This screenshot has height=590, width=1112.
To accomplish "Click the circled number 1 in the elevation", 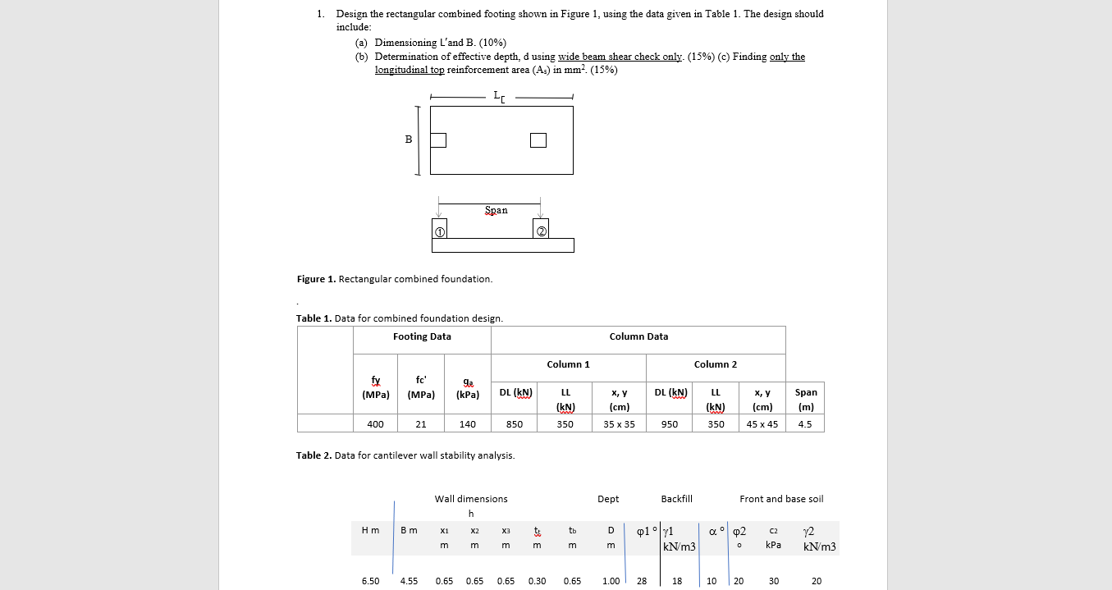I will pos(439,232).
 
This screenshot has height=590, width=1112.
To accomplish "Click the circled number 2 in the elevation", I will pos(542,232).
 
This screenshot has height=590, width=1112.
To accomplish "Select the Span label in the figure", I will pos(496,210).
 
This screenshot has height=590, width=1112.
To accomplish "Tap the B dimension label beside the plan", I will pos(408,139).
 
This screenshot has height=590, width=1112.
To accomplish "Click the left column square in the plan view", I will pos(438,140).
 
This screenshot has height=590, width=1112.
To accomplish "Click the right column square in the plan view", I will pos(538,140).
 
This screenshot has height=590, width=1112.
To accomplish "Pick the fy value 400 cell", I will pos(375,424).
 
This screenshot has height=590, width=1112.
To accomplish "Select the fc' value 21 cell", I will pos(421,424).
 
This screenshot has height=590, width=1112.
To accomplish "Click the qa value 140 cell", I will pos(467,424).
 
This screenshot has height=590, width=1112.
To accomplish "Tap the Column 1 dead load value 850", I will pos(515,424).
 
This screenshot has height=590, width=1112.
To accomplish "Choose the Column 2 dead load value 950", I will pos(670,424).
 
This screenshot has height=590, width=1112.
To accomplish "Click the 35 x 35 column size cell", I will pos(619,424).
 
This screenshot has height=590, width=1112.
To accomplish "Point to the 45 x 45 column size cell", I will pos(762,424).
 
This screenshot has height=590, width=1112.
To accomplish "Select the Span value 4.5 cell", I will pos(804,424).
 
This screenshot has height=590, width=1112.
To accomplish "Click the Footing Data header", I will pos(422,336).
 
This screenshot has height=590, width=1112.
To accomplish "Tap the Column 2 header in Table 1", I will pos(715,364).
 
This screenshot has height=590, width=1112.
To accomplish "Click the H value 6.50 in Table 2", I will pos(370,581).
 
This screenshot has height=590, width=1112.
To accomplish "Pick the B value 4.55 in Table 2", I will pos(409,581).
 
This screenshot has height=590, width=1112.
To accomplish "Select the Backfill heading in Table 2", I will pos(676,499).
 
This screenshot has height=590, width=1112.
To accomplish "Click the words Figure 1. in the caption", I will pos(316,279).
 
